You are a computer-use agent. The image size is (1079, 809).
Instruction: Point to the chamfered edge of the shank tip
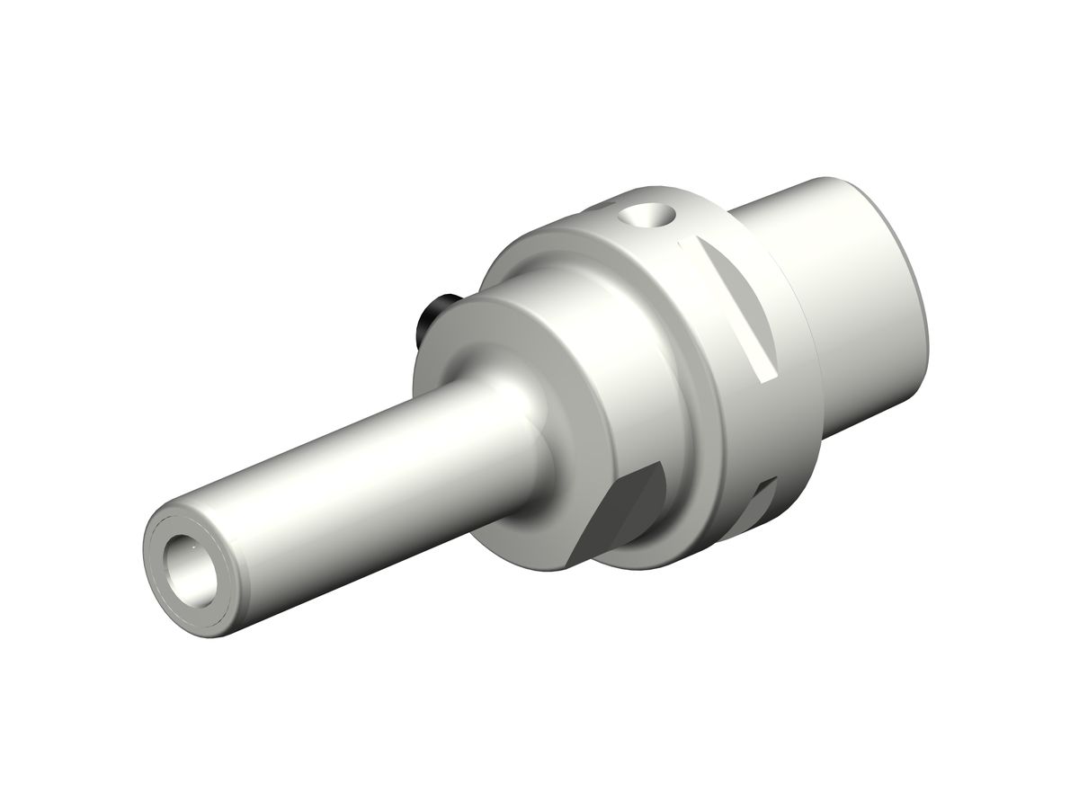point(155,530)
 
